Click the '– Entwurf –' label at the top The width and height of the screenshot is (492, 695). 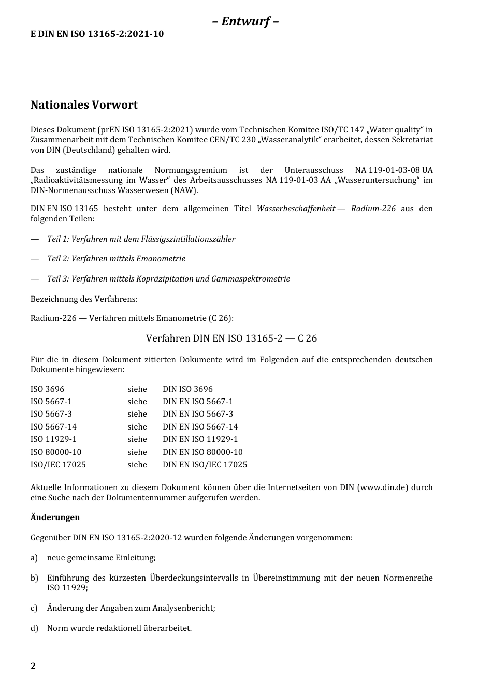[245, 21]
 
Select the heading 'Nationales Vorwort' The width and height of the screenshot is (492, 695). [84, 105]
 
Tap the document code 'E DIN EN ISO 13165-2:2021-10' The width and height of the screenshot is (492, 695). [97, 34]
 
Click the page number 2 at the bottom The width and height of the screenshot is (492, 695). [33, 666]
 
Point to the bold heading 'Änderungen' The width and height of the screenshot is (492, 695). [55, 517]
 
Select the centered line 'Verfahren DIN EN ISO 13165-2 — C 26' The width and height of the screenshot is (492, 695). [231, 338]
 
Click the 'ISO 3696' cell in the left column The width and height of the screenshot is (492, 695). [47, 389]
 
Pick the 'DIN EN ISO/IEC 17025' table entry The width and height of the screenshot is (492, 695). [205, 465]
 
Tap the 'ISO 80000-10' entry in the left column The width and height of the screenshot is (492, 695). [56, 452]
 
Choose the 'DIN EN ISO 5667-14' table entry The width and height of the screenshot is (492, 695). [200, 427]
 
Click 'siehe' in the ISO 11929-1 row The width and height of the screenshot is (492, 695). [137, 439]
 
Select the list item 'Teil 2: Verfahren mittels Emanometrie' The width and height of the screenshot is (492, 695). [116, 259]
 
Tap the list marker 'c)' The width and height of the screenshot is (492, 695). [34, 608]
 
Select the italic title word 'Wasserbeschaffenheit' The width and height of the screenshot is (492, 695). [296, 209]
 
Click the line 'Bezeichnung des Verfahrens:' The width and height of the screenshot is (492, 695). [84, 299]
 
